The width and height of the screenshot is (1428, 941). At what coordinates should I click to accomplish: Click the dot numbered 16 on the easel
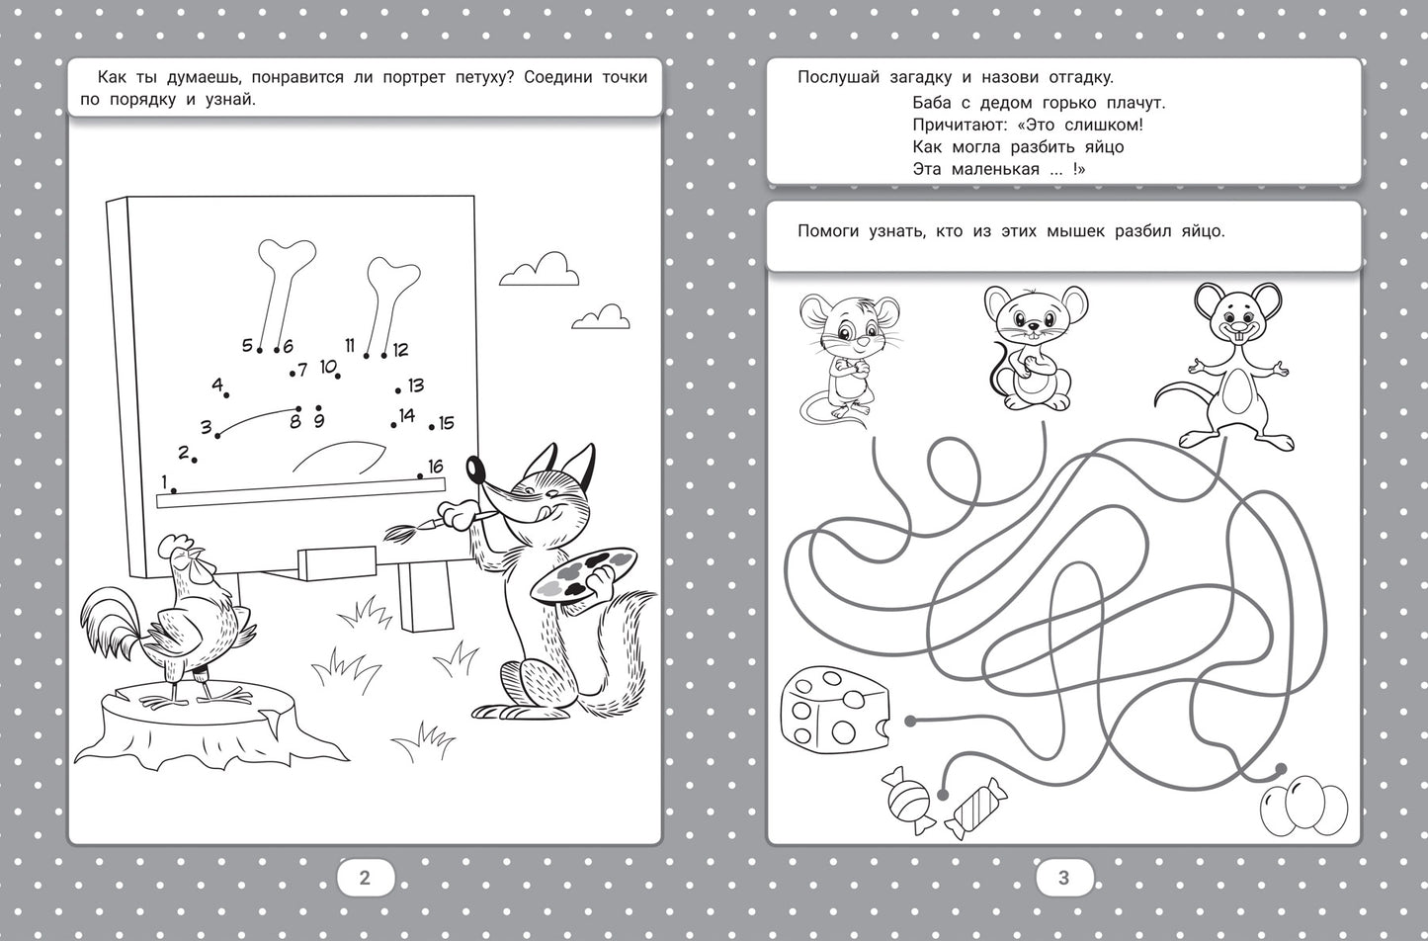point(419,476)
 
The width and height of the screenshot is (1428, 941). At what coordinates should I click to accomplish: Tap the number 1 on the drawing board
point(164,480)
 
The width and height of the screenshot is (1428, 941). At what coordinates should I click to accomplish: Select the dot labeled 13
point(398,390)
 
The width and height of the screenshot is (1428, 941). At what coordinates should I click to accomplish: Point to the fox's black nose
point(474,470)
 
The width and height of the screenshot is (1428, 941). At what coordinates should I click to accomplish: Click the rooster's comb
point(174,543)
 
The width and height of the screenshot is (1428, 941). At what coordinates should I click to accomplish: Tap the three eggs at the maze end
point(1303,805)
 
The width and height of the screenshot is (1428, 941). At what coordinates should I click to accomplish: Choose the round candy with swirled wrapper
point(908,800)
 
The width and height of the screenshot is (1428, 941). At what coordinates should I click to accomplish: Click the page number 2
point(365,878)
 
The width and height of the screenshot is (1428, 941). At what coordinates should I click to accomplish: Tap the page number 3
point(1063,878)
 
